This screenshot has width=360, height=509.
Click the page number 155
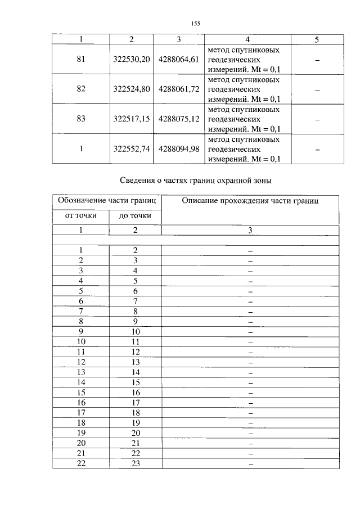point(196,23)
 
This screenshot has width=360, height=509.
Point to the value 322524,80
point(132,89)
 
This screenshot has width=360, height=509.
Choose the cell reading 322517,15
point(132,119)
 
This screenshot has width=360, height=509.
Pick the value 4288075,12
point(179,119)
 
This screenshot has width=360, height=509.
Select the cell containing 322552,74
point(132,149)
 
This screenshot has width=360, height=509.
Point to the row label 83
point(81,119)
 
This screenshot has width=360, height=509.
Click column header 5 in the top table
point(317,39)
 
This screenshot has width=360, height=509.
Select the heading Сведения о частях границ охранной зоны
point(196,181)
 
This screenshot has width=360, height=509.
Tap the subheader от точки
point(81,215)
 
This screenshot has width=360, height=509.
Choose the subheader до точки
point(135,215)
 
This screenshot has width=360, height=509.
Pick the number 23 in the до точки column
point(135,463)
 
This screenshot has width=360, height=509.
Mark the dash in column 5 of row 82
point(317,90)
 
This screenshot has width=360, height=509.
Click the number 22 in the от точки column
point(81,463)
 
